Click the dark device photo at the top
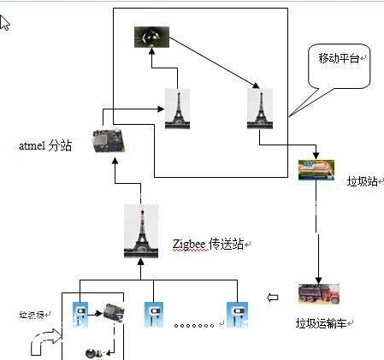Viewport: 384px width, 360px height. click(x=151, y=36)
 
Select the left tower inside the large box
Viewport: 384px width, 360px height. click(x=177, y=109)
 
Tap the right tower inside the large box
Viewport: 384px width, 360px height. click(x=259, y=109)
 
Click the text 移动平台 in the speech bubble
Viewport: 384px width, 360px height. click(x=340, y=58)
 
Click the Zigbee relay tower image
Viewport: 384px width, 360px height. click(x=141, y=231)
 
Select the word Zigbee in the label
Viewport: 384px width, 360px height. click(x=190, y=245)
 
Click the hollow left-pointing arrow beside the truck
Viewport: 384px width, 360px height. click(x=274, y=298)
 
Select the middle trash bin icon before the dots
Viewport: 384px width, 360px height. click(x=154, y=315)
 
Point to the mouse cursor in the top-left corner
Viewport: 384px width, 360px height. click(x=5, y=21)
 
